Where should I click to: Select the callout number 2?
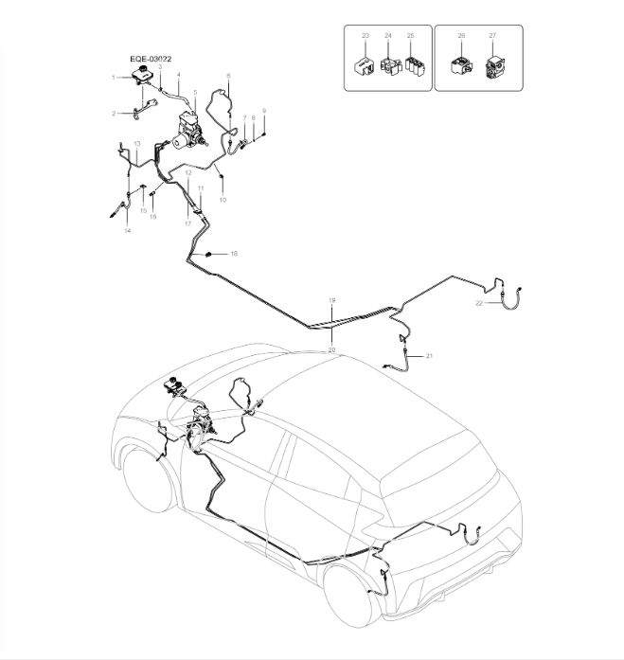(x=114, y=113)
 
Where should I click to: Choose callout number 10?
(x=223, y=200)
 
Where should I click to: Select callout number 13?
(x=136, y=143)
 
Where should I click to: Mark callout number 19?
(x=331, y=300)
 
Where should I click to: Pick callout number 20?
(x=331, y=349)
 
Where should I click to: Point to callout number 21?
(x=429, y=355)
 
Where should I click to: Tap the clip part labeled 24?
(x=388, y=66)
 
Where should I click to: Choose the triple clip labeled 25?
(x=412, y=67)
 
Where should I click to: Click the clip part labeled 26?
(x=461, y=66)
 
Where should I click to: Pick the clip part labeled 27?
(x=492, y=67)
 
